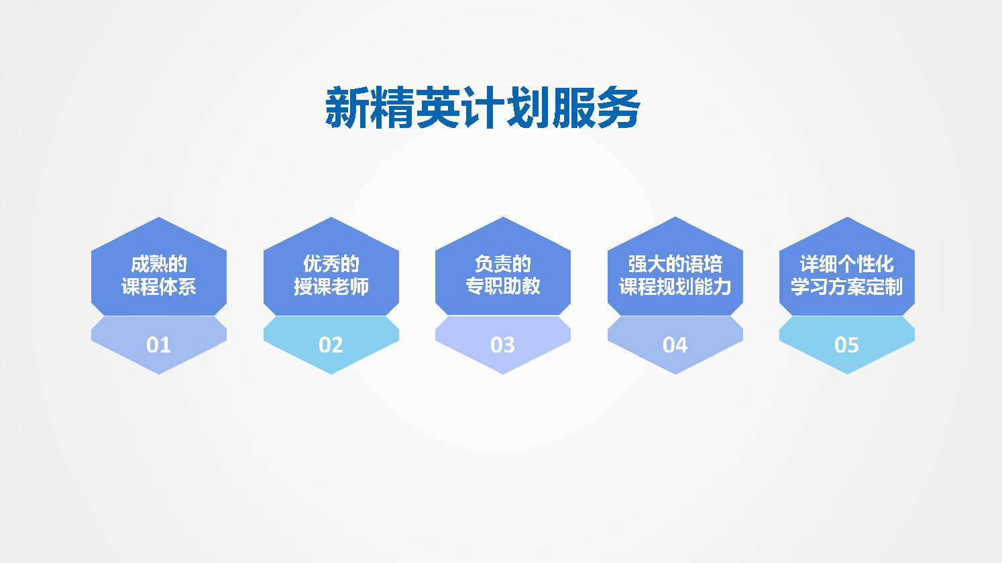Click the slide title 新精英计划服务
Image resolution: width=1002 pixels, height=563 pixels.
(x=483, y=107)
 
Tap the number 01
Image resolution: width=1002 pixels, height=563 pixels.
(x=158, y=345)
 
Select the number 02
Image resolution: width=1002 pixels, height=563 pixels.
(x=331, y=345)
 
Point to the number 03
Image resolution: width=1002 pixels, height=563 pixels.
(x=502, y=345)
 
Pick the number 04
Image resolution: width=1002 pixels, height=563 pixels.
(x=675, y=345)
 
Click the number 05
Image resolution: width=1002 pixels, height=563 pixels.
(x=846, y=345)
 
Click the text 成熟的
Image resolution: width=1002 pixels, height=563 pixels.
(x=159, y=264)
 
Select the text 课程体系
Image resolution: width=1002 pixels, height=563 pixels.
(x=159, y=287)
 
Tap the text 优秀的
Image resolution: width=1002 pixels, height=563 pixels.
(x=331, y=264)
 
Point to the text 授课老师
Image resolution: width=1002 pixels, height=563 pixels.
(x=331, y=287)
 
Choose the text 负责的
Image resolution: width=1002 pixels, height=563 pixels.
(x=503, y=264)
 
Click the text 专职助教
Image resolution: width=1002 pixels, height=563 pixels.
(x=503, y=286)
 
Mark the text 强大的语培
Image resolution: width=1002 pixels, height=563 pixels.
(x=675, y=264)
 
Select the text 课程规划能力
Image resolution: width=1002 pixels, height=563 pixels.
(x=675, y=287)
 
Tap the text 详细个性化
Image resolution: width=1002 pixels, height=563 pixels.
(x=847, y=264)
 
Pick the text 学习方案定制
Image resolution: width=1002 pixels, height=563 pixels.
(x=847, y=287)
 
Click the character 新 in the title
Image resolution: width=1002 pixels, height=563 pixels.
(x=347, y=107)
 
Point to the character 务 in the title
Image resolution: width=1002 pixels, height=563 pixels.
(x=618, y=107)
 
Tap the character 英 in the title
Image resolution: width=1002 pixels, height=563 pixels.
(x=438, y=107)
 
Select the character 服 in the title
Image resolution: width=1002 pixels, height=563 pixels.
(x=573, y=107)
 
